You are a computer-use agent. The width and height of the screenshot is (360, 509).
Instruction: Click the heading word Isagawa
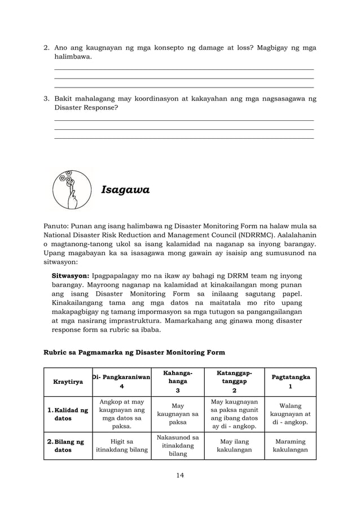pos(125,190)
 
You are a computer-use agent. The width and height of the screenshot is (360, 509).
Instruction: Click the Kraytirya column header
pos(68,381)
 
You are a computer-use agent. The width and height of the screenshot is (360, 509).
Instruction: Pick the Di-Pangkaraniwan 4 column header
pos(121,381)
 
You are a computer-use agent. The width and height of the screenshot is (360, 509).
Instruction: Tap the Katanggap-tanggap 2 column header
pos(234,381)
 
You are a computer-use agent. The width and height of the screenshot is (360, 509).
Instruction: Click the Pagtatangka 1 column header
pos(291,381)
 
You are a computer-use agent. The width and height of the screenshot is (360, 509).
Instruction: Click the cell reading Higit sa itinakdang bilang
pos(121,446)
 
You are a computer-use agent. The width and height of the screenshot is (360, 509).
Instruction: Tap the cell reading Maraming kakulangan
pos(291,446)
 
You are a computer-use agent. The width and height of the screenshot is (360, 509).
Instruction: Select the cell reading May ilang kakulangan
pos(234,446)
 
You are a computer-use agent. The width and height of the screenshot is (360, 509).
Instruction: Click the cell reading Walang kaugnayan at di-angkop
pos(291,414)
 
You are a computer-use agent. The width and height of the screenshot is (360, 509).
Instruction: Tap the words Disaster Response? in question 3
pos(86,107)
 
